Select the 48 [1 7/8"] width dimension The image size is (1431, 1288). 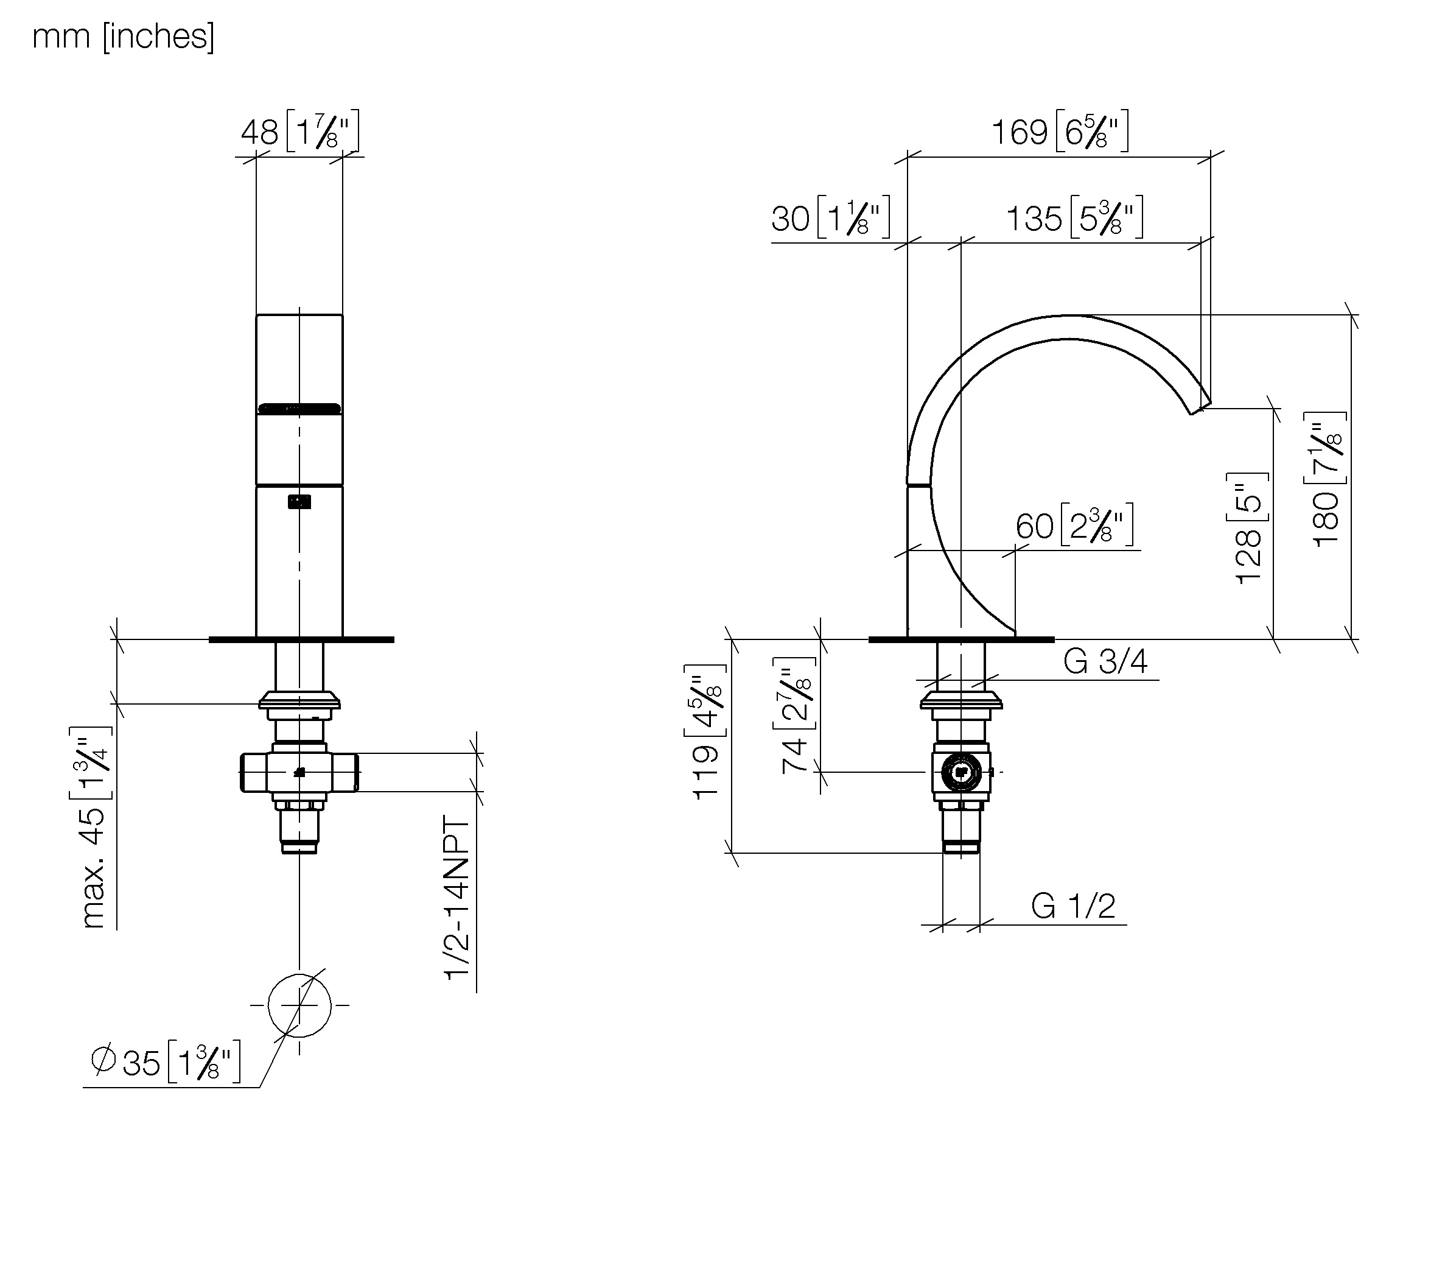(x=300, y=131)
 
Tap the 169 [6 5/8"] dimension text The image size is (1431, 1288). (x=1060, y=131)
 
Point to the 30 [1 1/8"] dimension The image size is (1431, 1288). (x=830, y=217)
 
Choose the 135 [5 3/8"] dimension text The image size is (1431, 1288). (x=1074, y=217)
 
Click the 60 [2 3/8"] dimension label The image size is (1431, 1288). (x=1074, y=525)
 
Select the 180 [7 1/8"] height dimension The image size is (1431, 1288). (x=1326, y=479)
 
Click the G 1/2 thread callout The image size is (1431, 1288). (x=1073, y=906)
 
